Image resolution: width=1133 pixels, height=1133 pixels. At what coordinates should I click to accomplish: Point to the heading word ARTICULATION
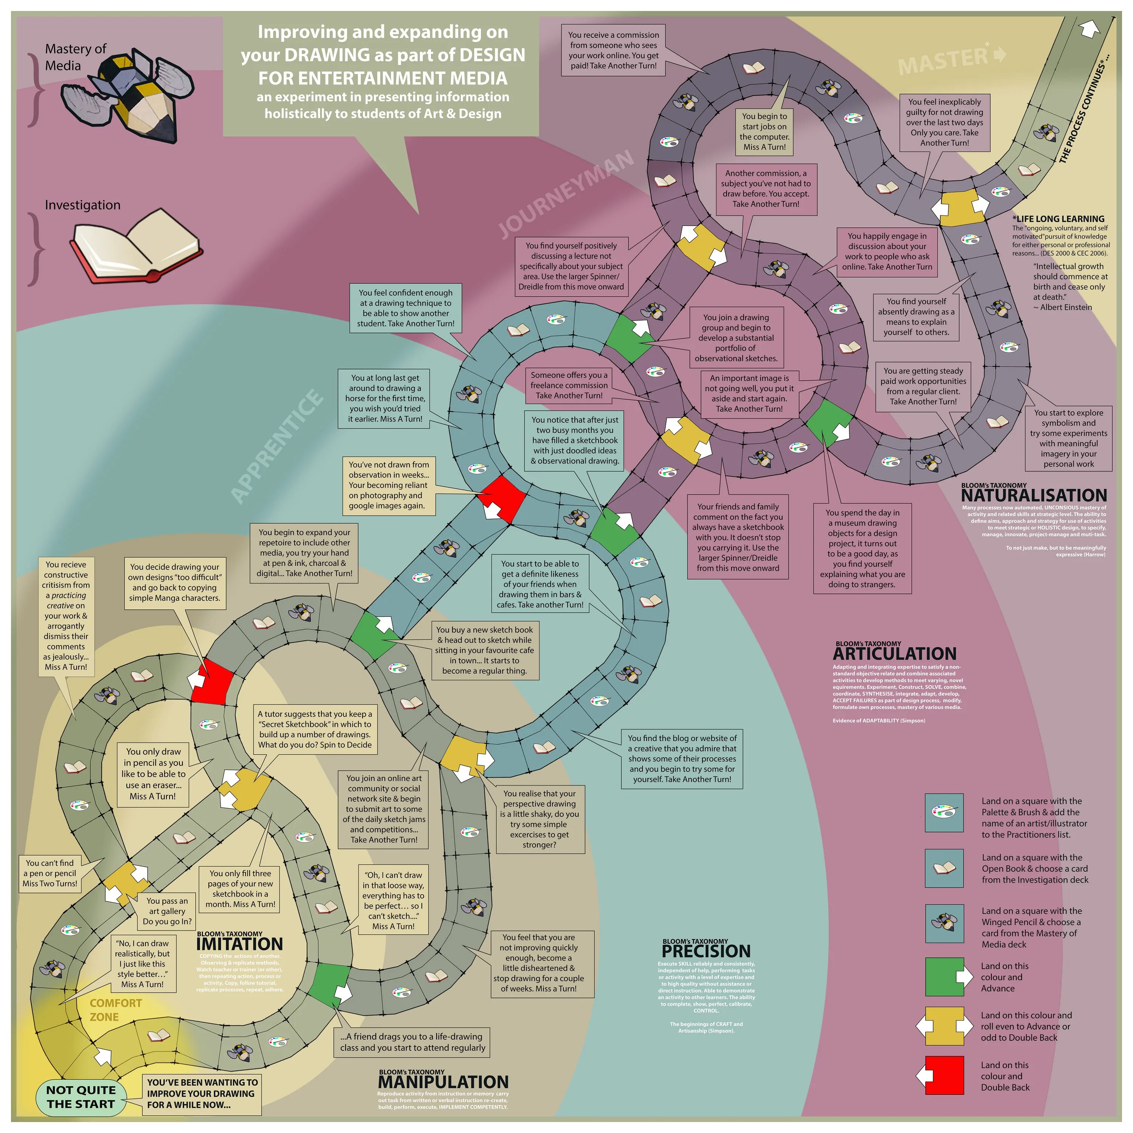(894, 653)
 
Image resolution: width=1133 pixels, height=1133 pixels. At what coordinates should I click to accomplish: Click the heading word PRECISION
(706, 951)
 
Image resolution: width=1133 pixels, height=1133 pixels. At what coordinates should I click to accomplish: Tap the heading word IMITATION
(239, 943)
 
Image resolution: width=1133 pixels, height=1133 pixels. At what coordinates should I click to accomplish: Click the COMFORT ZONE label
(116, 1010)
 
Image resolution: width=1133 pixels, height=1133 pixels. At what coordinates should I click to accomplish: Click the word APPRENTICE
(277, 446)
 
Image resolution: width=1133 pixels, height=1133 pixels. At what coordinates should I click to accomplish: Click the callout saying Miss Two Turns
(51, 873)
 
